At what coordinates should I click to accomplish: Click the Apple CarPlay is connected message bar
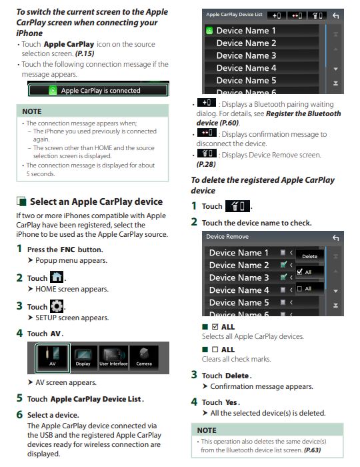click(98, 90)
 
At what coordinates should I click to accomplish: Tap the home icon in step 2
click(57, 277)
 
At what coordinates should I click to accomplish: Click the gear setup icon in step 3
click(57, 306)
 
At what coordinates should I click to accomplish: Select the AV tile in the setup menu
click(53, 358)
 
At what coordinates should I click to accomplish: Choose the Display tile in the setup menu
click(83, 358)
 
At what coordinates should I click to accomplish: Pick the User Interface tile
click(113, 358)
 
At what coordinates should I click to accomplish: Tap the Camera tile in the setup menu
click(144, 358)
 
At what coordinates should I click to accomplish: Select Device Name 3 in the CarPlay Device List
click(247, 55)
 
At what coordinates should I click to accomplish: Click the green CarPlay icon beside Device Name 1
click(209, 31)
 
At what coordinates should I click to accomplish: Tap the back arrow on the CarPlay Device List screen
click(335, 15)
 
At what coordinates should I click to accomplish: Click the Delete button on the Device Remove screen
click(310, 256)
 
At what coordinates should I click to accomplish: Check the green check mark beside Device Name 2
click(283, 264)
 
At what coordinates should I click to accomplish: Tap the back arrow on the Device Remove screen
click(335, 238)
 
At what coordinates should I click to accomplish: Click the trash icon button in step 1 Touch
click(237, 206)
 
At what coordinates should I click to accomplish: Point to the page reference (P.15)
click(85, 53)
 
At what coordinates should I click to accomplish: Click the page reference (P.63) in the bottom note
click(312, 450)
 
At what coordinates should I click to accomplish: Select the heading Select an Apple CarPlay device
click(96, 201)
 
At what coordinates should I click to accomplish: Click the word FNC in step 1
click(68, 250)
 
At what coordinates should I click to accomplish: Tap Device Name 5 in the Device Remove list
click(239, 303)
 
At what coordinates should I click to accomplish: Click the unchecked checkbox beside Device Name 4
click(283, 290)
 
